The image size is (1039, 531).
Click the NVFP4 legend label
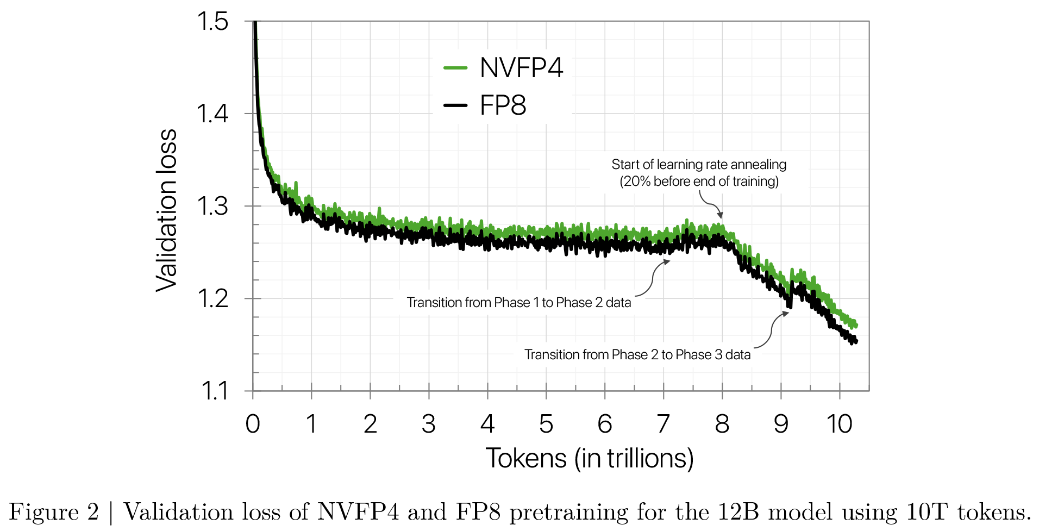(x=521, y=68)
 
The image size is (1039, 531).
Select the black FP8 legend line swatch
(x=455, y=105)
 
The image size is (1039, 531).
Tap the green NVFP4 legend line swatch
(x=455, y=68)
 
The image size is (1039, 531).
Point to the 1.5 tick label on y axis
(x=212, y=22)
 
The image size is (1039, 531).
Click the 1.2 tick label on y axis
(x=212, y=299)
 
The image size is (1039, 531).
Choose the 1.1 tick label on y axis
(x=214, y=391)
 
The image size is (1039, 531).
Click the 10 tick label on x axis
(x=839, y=424)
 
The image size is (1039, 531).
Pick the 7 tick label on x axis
(x=663, y=424)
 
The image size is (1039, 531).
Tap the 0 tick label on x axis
(x=253, y=424)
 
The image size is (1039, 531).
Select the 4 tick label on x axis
(x=487, y=424)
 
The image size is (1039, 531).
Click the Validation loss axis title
(x=167, y=211)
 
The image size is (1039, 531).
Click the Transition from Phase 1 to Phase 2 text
(x=518, y=303)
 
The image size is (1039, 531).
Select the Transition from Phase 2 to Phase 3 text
(x=637, y=355)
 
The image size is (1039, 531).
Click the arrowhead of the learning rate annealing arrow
(x=720, y=215)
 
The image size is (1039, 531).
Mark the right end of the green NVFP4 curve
(x=856, y=325)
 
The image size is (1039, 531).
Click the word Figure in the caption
(x=44, y=513)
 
